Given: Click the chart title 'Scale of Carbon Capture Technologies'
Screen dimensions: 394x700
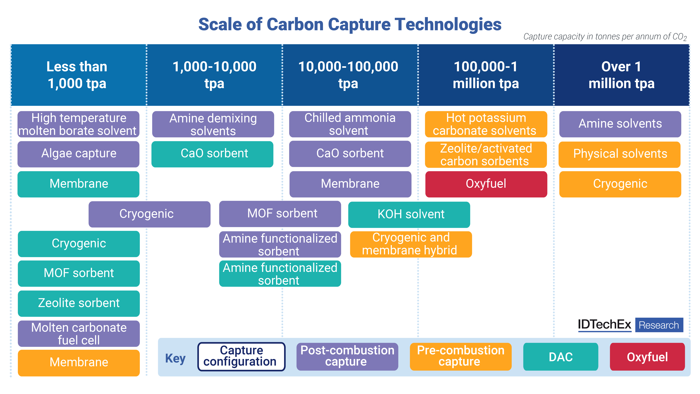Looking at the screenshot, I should [350, 25].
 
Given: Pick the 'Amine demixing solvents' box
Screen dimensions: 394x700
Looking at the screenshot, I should [213, 124].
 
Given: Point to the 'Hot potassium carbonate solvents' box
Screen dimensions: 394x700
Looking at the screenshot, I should [486, 124].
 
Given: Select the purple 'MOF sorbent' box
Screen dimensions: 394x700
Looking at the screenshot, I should [280, 214].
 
